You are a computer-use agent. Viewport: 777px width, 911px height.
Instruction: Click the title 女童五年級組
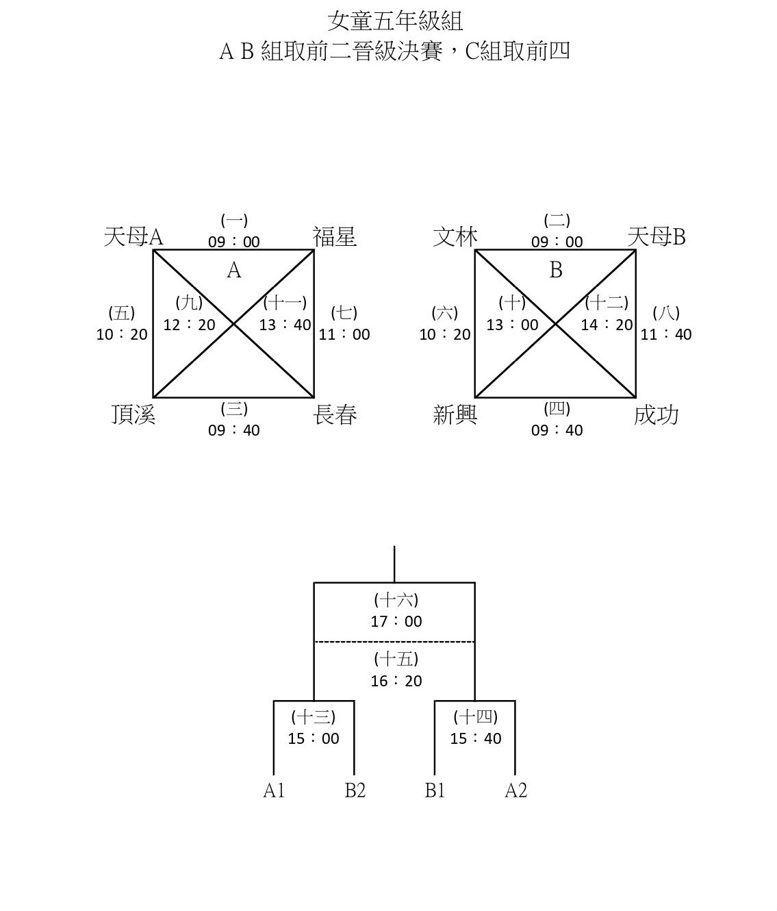[395, 21]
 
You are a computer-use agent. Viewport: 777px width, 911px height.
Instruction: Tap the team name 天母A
[133, 237]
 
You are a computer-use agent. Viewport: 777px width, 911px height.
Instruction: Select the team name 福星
[334, 237]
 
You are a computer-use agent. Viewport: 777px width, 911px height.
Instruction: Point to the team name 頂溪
[133, 414]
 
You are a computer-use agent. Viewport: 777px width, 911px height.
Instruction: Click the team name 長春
[335, 414]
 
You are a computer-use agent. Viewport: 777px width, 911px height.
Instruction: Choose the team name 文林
[455, 237]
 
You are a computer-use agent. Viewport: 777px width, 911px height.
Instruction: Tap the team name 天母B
[657, 237]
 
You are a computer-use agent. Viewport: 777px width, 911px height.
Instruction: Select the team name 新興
[455, 414]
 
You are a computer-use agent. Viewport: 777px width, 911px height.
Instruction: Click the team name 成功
[656, 414]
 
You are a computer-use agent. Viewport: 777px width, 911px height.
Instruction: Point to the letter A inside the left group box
[234, 270]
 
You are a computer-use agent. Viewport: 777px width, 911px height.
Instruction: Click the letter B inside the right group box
[556, 270]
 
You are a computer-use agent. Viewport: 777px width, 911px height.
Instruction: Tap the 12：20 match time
[190, 325]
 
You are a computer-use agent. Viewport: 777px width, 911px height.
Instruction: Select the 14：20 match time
[607, 325]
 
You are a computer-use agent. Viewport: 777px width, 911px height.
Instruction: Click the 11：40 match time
[666, 334]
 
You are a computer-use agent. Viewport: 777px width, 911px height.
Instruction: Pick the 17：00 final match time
[396, 621]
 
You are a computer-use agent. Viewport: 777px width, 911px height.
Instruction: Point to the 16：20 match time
[396, 681]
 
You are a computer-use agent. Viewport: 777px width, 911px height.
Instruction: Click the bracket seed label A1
[274, 790]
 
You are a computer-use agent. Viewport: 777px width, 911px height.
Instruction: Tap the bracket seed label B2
[355, 790]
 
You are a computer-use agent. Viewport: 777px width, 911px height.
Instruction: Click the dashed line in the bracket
[394, 642]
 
